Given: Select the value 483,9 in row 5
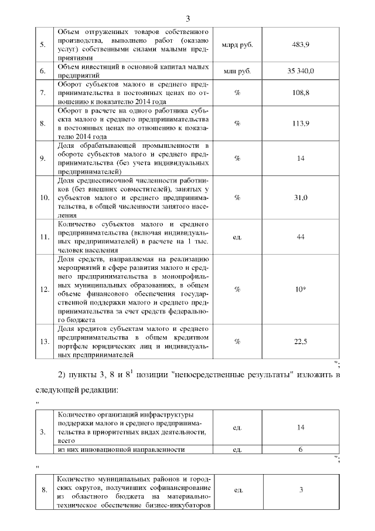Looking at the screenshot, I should tap(301, 45).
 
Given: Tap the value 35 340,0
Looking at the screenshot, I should tap(301, 72).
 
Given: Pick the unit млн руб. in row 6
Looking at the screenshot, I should tap(237, 72).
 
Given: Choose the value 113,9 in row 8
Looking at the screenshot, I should tap(301, 123).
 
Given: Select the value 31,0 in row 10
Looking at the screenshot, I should tap(301, 198).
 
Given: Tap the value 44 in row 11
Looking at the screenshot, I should tap(301, 236).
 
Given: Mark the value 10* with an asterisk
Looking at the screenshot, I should tap(301, 289).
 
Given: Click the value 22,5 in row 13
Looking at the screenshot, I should tap(301, 341).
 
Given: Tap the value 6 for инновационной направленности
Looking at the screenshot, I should tap(301, 449).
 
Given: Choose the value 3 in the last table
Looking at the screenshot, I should tap(301, 490).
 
